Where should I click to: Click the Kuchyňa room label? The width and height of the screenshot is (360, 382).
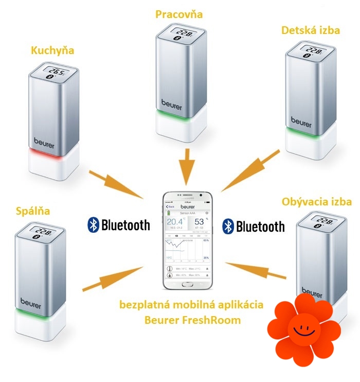[x=52, y=50]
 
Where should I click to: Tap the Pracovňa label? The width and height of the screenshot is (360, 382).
[x=179, y=14]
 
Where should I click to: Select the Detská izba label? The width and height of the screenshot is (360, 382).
[x=311, y=30]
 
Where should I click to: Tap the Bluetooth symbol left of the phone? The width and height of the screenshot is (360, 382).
[x=93, y=224]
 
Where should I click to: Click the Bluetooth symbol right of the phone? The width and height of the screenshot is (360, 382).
[x=228, y=226]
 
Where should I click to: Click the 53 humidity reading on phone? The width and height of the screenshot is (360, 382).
[x=198, y=222]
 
